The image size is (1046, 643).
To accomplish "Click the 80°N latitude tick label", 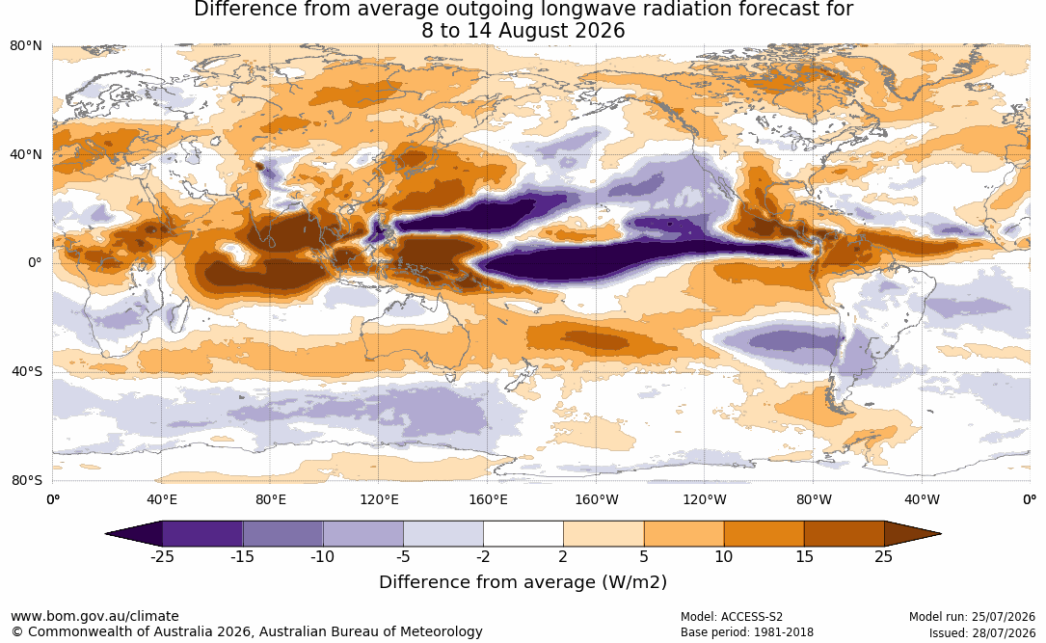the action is pyautogui.click(x=25, y=46).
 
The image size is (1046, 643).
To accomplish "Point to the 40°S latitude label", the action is pyautogui.click(x=26, y=371).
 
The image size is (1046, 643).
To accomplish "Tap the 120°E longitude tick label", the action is pyautogui.click(x=379, y=499).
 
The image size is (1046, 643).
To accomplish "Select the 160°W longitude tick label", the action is pyautogui.click(x=597, y=499).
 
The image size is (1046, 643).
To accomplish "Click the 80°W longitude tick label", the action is pyautogui.click(x=814, y=499).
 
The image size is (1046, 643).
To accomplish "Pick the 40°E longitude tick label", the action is pyautogui.click(x=161, y=499).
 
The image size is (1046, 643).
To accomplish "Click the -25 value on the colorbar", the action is pyautogui.click(x=162, y=556).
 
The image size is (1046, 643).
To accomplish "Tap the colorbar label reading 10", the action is pyautogui.click(x=724, y=556).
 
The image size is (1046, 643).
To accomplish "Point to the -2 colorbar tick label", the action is pyautogui.click(x=483, y=556).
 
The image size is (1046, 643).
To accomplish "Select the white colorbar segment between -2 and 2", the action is pyautogui.click(x=523, y=534).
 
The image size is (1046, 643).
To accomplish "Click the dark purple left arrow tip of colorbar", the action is pyautogui.click(x=133, y=534).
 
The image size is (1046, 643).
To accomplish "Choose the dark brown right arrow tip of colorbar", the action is pyautogui.click(x=913, y=534).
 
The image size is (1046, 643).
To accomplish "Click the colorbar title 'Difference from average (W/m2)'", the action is pyautogui.click(x=523, y=582).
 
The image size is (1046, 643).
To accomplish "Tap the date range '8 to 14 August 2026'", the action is pyautogui.click(x=523, y=31).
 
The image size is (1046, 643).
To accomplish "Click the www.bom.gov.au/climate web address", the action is pyautogui.click(x=94, y=616).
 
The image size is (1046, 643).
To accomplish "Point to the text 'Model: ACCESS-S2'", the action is pyautogui.click(x=732, y=617).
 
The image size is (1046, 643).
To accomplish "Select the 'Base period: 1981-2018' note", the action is pyautogui.click(x=747, y=632).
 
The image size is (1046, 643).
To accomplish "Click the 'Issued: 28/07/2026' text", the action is pyautogui.click(x=982, y=632).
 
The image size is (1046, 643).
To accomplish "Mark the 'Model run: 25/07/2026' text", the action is pyautogui.click(x=972, y=617).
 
